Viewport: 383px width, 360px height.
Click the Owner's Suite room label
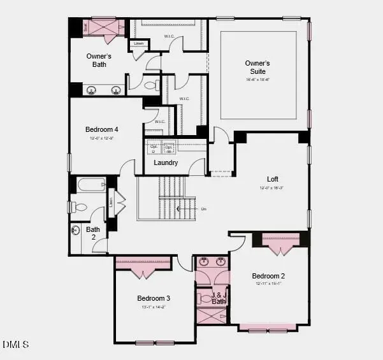(x=258, y=63)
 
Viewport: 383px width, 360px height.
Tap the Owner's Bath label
(x=99, y=60)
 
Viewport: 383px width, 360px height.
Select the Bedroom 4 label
(x=102, y=129)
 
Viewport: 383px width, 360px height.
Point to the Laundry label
(x=165, y=163)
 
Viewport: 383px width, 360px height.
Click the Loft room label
(x=273, y=179)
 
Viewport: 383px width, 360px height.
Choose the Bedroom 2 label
(x=268, y=276)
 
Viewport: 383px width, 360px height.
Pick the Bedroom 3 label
(x=154, y=298)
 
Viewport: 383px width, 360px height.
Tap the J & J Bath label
(x=219, y=298)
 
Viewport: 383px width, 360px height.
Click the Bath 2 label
(x=93, y=233)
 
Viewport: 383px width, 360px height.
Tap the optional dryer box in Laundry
(x=153, y=148)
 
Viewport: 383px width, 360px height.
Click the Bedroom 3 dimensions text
(x=154, y=307)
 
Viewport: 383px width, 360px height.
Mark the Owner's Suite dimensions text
(x=258, y=80)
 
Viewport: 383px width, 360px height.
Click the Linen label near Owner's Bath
(x=139, y=44)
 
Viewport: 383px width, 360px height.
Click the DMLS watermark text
(x=16, y=345)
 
